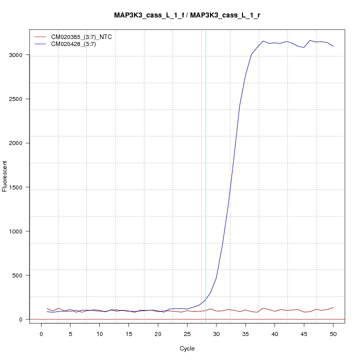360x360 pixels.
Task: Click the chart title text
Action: [187, 15]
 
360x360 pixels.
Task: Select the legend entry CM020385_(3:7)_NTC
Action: [84, 36]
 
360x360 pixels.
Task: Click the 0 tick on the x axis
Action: [41, 333]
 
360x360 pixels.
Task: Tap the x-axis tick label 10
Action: [99, 333]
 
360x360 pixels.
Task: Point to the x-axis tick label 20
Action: [158, 333]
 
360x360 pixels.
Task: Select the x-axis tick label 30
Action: [216, 333]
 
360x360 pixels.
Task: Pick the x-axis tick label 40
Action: [274, 333]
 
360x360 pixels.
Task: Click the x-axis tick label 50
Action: [333, 333]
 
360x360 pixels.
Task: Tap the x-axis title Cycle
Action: [187, 348]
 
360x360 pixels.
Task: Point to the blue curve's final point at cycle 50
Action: [333, 46]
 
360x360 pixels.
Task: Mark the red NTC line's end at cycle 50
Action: [333, 307]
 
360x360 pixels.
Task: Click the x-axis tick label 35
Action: [245, 333]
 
